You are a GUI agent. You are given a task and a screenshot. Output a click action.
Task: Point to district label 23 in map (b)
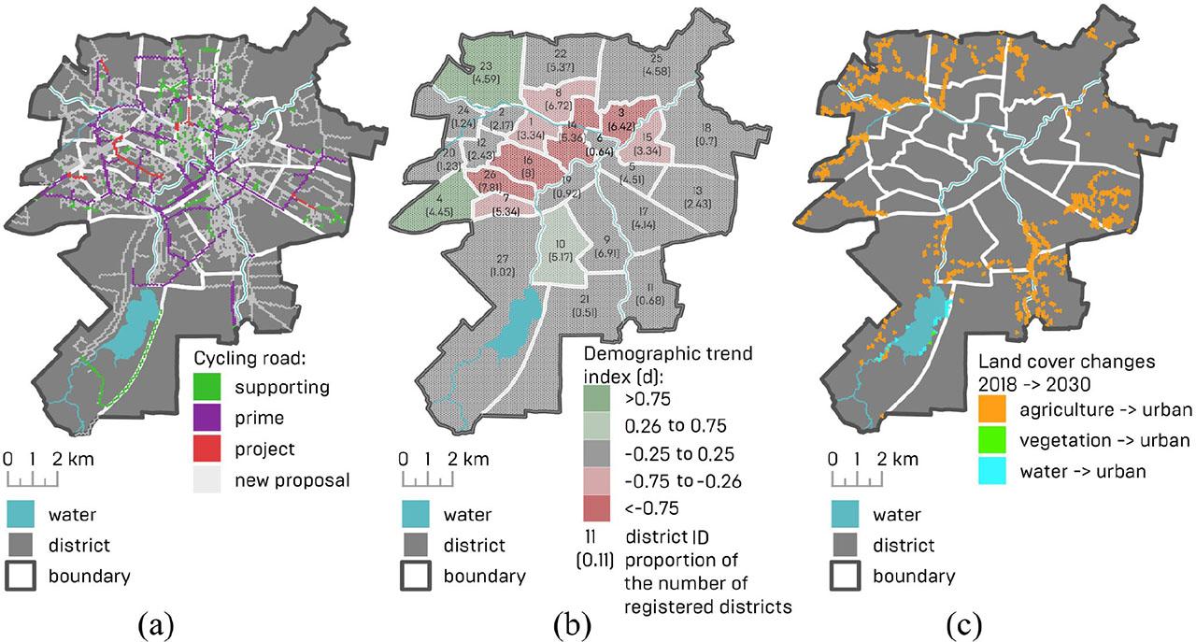click(x=486, y=73)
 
